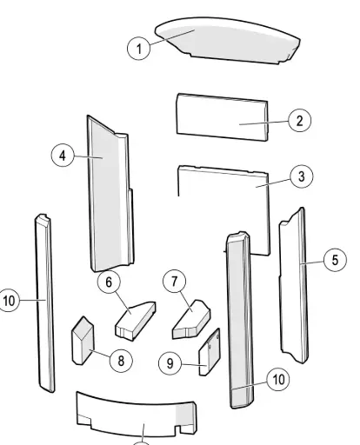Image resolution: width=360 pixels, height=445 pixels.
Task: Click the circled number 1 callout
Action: click(139, 49)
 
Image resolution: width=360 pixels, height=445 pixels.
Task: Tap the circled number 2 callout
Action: click(300, 120)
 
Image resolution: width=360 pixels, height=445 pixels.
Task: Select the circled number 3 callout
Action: click(302, 176)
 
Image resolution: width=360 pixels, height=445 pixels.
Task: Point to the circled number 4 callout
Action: click(63, 156)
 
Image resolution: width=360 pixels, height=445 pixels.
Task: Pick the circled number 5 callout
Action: click(335, 260)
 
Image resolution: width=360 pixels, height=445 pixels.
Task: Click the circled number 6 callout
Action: click(109, 282)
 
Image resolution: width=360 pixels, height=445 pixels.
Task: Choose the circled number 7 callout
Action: click(175, 281)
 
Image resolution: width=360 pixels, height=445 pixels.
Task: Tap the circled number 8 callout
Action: click(121, 361)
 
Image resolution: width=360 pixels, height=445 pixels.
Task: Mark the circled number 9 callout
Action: click(170, 363)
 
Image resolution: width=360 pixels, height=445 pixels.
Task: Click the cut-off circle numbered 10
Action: click(8, 301)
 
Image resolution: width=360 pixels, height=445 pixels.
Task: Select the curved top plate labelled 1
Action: click(228, 41)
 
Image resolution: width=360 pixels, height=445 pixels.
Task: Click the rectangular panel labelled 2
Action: click(223, 117)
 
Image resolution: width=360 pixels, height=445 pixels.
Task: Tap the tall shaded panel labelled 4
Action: click(110, 194)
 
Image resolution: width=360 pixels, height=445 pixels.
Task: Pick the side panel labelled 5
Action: click(293, 285)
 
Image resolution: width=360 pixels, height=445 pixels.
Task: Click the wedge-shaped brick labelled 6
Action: click(136, 321)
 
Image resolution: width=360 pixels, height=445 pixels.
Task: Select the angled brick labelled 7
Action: click(191, 320)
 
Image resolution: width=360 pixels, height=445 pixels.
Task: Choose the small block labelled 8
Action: click(83, 341)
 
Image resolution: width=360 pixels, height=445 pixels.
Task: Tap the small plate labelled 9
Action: click(210, 352)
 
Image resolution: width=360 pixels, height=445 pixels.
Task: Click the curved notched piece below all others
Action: click(137, 415)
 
